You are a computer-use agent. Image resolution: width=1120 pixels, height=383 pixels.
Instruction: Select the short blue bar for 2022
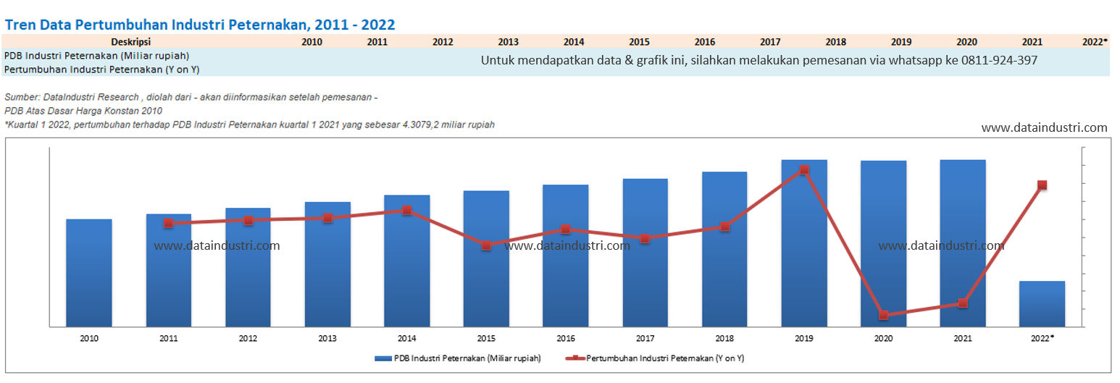coord(1042,304)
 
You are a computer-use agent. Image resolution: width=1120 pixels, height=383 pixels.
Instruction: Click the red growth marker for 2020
coord(884,315)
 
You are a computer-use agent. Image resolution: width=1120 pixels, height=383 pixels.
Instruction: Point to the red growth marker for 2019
coord(804,170)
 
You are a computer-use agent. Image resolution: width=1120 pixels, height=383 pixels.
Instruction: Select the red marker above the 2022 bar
coord(1042,185)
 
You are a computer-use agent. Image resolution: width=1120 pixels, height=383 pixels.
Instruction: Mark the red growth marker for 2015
coord(486,245)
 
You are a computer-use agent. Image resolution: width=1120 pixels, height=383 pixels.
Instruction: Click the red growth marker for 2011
coord(168,223)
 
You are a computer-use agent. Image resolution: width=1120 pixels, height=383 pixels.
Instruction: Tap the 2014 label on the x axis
coord(406,338)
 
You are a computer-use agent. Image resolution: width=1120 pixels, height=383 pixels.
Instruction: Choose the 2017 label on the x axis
coord(645,338)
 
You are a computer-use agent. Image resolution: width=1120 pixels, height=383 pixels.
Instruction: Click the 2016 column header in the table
coord(704,42)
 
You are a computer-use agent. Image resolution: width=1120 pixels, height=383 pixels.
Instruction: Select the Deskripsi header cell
coord(130,42)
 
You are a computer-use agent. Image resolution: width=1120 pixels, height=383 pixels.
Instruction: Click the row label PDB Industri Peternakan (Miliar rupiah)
coord(96,56)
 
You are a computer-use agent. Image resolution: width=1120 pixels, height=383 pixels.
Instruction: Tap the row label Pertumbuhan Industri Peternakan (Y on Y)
coord(101,70)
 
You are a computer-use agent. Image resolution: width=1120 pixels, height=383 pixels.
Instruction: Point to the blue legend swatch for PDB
coord(383,358)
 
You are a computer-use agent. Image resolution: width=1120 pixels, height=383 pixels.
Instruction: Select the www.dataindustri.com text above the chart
coord(1044,128)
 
